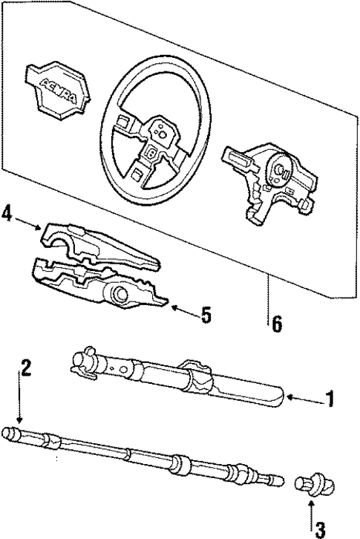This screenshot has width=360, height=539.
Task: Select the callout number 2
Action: click(26, 366)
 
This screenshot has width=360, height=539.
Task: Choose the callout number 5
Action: click(206, 315)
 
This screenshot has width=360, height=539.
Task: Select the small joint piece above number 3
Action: click(309, 485)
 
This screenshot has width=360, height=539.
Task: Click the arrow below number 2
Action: click(20, 405)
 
